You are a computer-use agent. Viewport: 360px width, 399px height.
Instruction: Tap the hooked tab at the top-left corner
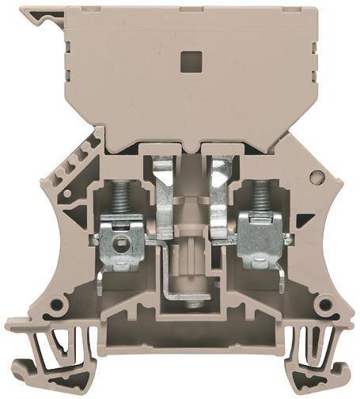click(35, 17)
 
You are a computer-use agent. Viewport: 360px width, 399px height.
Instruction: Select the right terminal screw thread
click(258, 215)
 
